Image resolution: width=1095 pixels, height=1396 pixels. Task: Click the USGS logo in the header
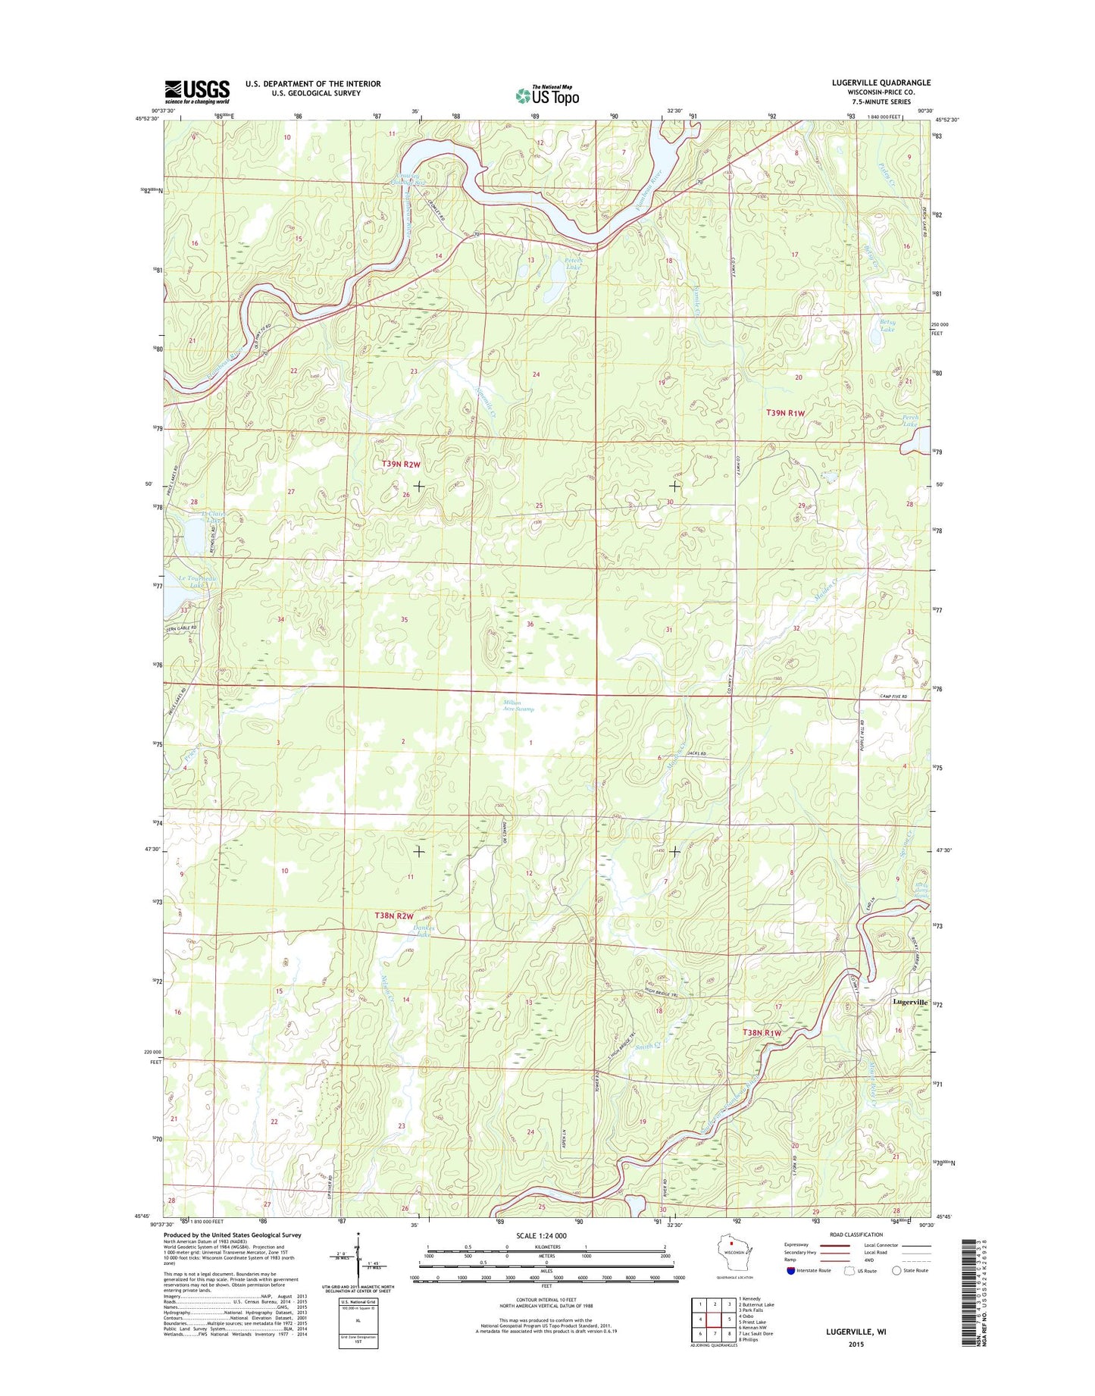[197, 92]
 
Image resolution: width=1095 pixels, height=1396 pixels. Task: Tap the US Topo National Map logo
[547, 95]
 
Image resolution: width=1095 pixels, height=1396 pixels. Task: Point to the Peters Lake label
[573, 263]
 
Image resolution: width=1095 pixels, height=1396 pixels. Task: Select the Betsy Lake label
[887, 326]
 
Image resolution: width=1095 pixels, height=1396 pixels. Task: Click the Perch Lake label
[910, 421]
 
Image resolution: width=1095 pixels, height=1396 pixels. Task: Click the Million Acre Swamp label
[518, 706]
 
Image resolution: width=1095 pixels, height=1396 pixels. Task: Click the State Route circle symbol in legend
[896, 1270]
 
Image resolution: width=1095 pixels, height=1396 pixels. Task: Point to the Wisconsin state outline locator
[733, 1250]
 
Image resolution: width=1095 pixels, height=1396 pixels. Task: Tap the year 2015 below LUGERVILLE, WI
[856, 1344]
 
